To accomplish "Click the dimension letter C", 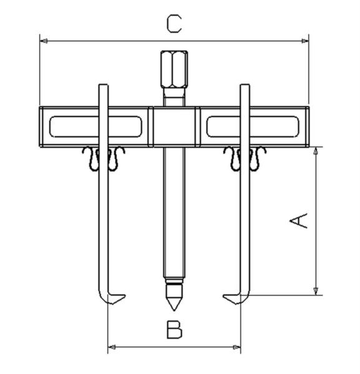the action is click(x=174, y=24).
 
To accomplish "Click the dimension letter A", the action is click(x=299, y=221).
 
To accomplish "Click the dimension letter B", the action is click(x=175, y=330).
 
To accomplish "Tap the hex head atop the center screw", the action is click(x=174, y=69).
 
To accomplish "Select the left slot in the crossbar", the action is click(x=95, y=127).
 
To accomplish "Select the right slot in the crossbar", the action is click(x=253, y=127).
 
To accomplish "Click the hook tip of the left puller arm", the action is click(x=125, y=296).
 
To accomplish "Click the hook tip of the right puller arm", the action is click(x=223, y=296).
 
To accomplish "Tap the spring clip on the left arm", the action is click(x=104, y=158).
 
